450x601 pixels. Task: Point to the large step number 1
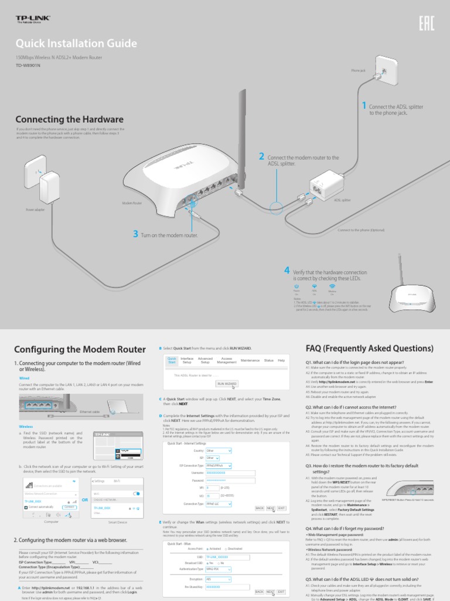tap(364, 106)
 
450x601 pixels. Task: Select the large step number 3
tap(135, 234)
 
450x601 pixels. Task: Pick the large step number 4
tap(287, 270)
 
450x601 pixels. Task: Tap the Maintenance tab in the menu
tap(250, 360)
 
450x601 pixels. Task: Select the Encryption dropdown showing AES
tap(219, 578)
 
